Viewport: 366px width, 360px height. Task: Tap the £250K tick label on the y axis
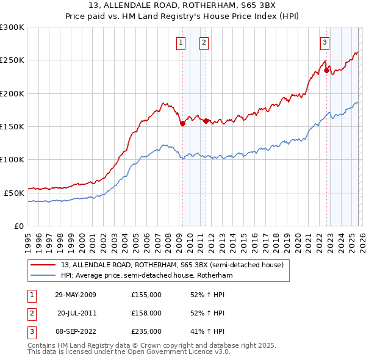12,60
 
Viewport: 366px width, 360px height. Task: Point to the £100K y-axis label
12,159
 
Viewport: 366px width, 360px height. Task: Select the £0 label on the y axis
19,226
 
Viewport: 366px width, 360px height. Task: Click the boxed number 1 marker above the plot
182,43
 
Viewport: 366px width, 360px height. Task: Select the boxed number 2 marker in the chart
203,43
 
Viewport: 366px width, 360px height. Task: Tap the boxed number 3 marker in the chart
325,43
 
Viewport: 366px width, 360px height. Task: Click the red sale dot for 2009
182,123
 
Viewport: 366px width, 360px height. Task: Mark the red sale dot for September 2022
326,70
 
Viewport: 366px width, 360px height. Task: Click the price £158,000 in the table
146,313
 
